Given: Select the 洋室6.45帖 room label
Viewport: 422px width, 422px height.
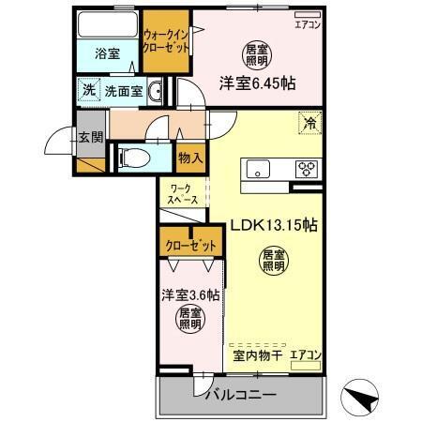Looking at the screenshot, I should point(257,83).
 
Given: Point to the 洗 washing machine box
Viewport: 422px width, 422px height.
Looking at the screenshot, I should point(87,91).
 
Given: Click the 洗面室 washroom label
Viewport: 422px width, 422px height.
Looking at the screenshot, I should point(123,92).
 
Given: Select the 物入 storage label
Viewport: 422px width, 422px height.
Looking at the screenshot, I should point(189,158).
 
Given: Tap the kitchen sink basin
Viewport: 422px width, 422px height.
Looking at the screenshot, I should point(258,169).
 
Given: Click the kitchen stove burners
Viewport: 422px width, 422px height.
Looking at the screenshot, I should point(307,169).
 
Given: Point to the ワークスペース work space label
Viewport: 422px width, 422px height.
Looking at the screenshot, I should point(183,195).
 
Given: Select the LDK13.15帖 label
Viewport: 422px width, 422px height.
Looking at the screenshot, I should point(273,225).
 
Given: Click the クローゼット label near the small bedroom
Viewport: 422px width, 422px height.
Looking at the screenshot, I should point(190,246).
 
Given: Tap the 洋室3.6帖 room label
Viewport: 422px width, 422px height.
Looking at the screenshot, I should point(190,294).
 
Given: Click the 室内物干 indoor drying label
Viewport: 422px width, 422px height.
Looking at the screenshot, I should point(257,354).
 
